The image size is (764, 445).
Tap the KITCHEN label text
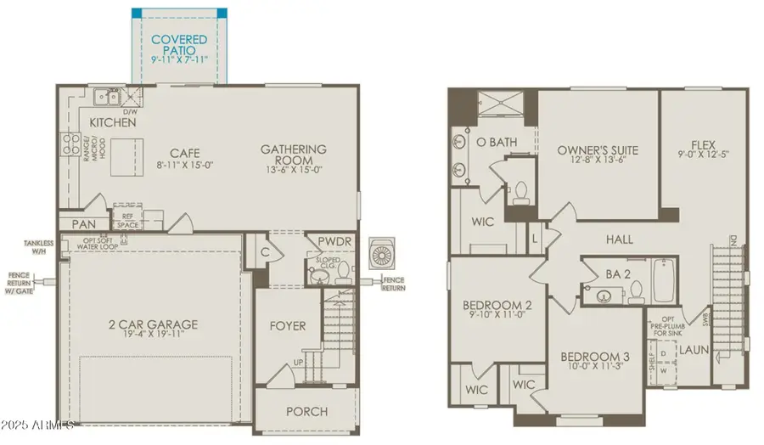click(113, 122)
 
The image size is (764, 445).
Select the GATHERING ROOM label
click(293, 155)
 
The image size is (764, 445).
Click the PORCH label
click(306, 412)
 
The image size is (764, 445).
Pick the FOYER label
click(288, 325)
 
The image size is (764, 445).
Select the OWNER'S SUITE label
click(597, 151)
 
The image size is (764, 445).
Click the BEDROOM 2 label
click(497, 305)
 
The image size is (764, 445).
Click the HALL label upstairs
click(621, 239)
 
